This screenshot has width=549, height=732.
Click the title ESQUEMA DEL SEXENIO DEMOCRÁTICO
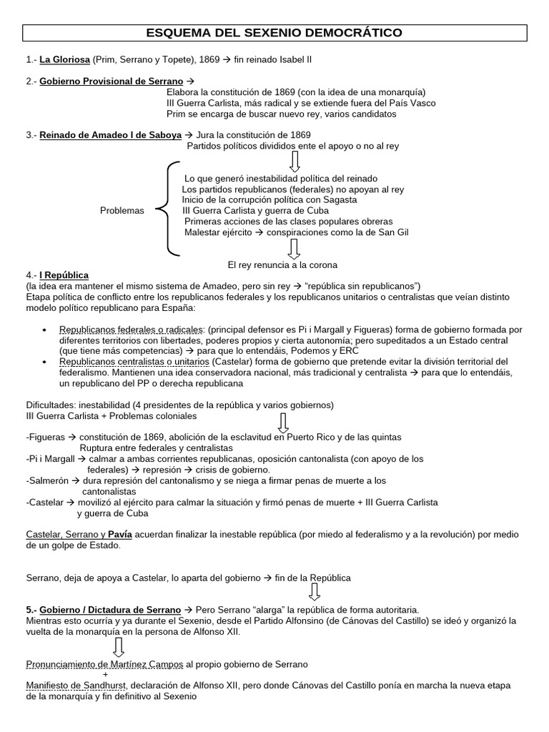point(274,33)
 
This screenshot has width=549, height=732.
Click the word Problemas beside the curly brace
point(122,211)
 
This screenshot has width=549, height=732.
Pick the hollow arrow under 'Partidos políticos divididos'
point(294,161)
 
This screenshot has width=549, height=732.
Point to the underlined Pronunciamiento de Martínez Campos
point(104,664)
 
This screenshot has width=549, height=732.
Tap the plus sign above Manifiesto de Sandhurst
point(106,675)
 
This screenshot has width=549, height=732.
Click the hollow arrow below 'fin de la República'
point(315,591)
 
